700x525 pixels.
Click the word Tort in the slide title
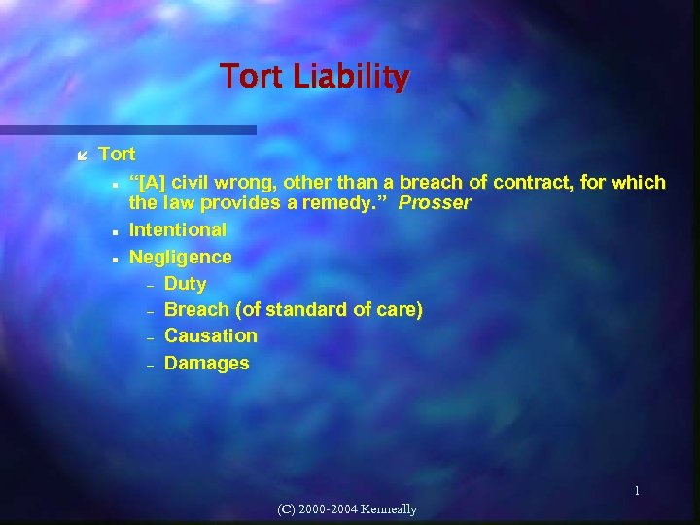[x=248, y=76]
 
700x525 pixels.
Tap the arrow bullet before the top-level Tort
[x=84, y=155]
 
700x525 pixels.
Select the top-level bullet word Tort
[x=117, y=154]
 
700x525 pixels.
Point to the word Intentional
[x=177, y=230]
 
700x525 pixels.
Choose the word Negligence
[x=180, y=257]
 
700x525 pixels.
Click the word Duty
[x=185, y=284]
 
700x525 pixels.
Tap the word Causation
[x=211, y=336]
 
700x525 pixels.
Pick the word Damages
[x=206, y=364]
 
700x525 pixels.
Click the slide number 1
[x=637, y=491]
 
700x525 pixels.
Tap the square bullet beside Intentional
[x=115, y=232]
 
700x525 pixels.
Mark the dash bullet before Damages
[x=150, y=365]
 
